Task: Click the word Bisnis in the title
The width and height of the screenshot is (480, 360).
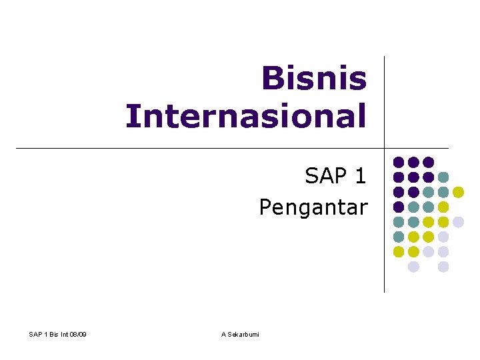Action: (314, 79)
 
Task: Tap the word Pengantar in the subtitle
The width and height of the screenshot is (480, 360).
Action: (313, 208)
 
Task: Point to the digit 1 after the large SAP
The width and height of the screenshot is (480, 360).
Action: (361, 176)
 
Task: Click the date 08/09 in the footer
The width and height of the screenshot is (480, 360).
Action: (77, 334)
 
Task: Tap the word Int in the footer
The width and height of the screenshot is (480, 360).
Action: (63, 334)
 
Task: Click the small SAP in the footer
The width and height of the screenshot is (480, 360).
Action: (36, 334)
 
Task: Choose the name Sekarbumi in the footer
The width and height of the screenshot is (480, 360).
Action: (244, 334)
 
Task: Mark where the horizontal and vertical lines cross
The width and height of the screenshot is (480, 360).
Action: (385, 148)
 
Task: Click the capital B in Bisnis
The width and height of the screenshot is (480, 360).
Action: (272, 79)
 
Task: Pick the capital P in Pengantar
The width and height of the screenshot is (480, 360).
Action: (265, 207)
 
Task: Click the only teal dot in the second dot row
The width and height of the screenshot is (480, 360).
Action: (443, 177)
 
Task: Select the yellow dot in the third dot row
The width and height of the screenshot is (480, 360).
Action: (458, 192)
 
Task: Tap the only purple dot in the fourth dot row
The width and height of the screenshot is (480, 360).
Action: (399, 207)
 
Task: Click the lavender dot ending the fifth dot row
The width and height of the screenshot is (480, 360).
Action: (458, 222)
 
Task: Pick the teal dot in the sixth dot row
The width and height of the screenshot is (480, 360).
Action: (399, 237)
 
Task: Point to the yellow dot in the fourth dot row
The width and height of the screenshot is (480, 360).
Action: (443, 207)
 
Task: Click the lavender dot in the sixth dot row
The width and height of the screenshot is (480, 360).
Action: (443, 237)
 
